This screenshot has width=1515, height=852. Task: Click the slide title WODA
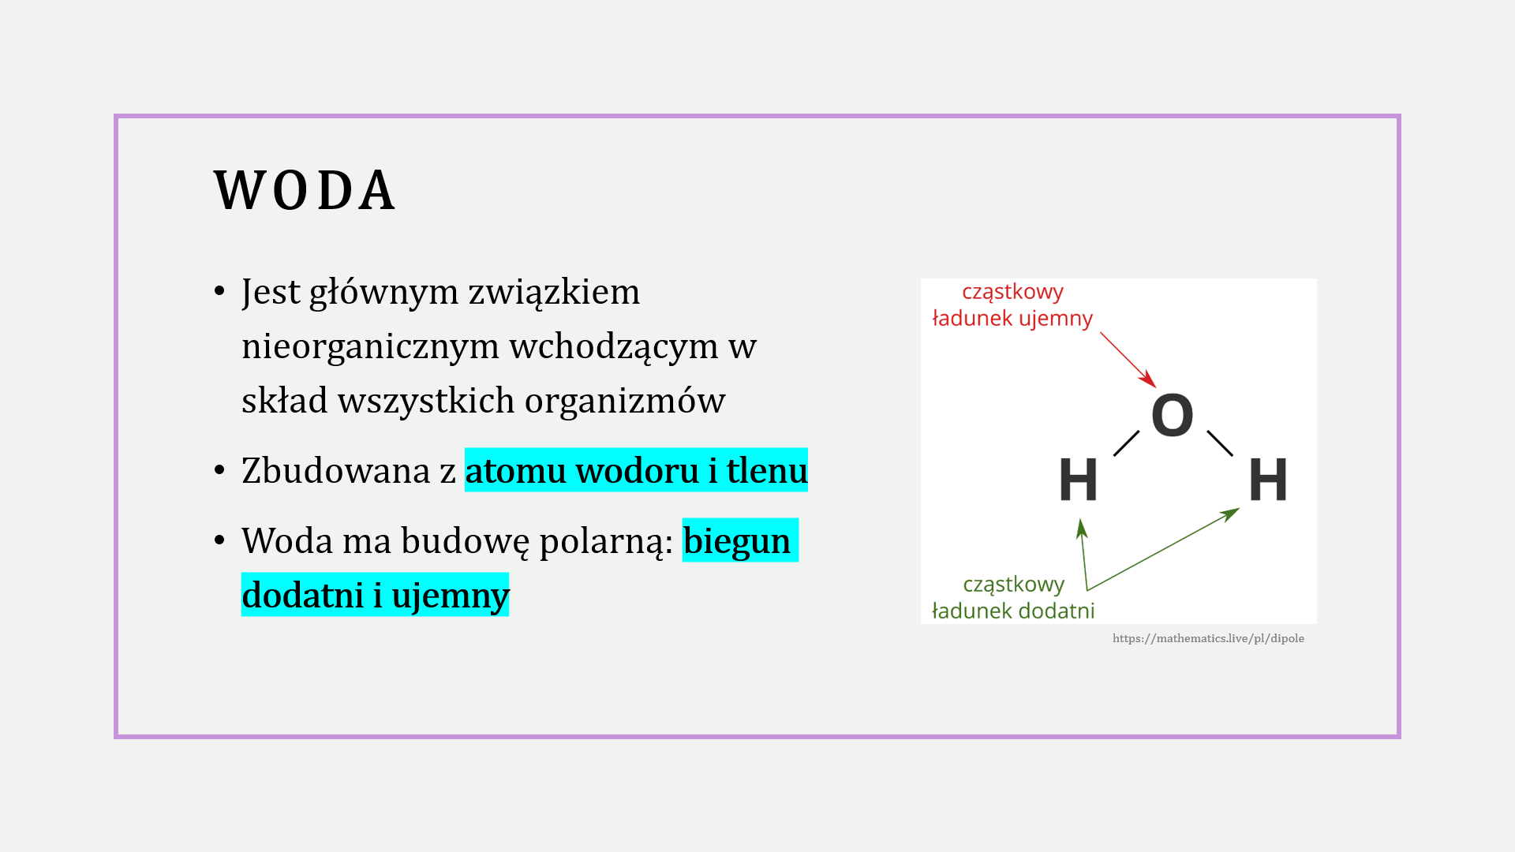pos(305,191)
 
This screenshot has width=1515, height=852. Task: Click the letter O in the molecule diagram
pos(1172,415)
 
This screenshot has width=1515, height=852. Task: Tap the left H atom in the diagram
pos(1078,479)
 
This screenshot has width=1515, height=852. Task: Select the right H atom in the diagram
pos(1268,479)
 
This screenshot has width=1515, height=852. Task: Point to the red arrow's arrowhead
pos(1148,379)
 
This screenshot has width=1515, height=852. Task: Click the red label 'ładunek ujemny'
pos(1012,319)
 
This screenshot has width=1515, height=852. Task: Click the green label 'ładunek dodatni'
pos(1013,611)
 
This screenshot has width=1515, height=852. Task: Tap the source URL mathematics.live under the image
pos(1208,638)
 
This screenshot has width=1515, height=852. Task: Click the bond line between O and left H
pos(1126,443)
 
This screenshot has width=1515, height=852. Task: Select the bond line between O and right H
pos(1220,443)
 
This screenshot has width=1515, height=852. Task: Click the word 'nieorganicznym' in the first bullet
pos(370,347)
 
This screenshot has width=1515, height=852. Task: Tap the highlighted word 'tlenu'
pos(767,471)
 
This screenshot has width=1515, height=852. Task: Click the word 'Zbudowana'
pos(336,471)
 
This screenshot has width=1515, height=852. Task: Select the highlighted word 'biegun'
pos(737,542)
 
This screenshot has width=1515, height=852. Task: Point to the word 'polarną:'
pos(606,542)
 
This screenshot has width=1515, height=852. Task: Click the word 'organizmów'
pos(625,402)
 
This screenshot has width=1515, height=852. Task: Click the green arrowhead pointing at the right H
pos(1230,514)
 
